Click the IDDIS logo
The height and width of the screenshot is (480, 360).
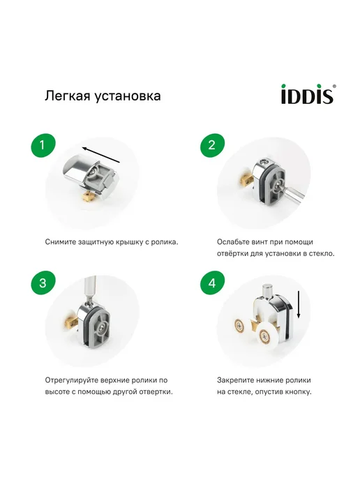[x=308, y=94]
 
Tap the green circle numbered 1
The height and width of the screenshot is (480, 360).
[x=43, y=145]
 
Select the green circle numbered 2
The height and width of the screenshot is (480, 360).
[x=212, y=145]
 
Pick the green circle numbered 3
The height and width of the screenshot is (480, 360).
[x=43, y=283]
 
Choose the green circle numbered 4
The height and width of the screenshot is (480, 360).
[x=212, y=283]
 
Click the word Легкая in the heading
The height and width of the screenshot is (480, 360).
[x=68, y=96]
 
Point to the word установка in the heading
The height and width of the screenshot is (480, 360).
[x=128, y=96]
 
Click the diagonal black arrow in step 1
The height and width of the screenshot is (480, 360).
[x=101, y=155]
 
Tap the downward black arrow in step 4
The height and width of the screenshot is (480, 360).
[x=299, y=304]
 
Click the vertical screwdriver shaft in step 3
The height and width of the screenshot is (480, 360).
[x=90, y=288]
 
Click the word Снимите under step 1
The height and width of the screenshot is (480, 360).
[x=61, y=242]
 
